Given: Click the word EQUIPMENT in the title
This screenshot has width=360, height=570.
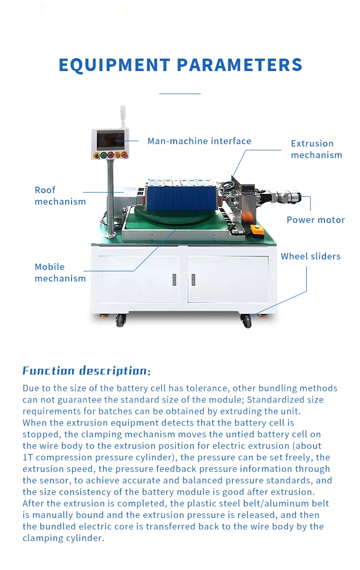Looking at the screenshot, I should tap(114, 65).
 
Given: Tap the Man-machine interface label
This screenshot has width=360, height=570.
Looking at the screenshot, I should tap(199, 141).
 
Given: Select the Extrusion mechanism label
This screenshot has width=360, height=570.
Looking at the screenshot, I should tap(316, 149).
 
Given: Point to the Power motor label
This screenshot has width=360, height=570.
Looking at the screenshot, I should tap(315, 220).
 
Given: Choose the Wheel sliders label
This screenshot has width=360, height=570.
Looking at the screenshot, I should tap(311, 256).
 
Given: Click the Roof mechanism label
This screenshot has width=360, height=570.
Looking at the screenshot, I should tap(60, 196).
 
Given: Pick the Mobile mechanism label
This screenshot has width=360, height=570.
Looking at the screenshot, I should tap(60, 273).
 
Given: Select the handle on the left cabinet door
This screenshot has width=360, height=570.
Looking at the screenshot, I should tap(174, 279).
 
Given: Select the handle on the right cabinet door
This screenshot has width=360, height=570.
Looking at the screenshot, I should tap(193, 279).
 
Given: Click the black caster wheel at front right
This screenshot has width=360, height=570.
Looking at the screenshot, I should tap(247, 321).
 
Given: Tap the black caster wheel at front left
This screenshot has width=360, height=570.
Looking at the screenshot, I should tap(120, 321).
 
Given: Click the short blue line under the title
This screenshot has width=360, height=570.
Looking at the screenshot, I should tap(180, 94).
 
